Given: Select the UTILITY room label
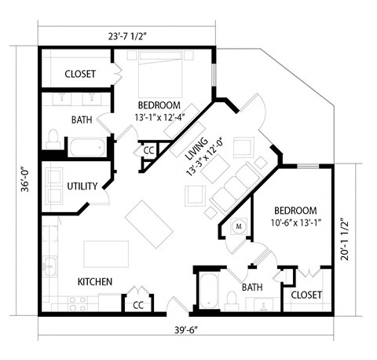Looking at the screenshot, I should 82,186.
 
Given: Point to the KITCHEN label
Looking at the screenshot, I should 94,281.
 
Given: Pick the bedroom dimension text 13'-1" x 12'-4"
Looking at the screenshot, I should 159,119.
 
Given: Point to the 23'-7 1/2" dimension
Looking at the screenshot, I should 124,35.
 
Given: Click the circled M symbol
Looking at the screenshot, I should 239,226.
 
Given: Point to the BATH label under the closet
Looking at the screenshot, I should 82,120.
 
